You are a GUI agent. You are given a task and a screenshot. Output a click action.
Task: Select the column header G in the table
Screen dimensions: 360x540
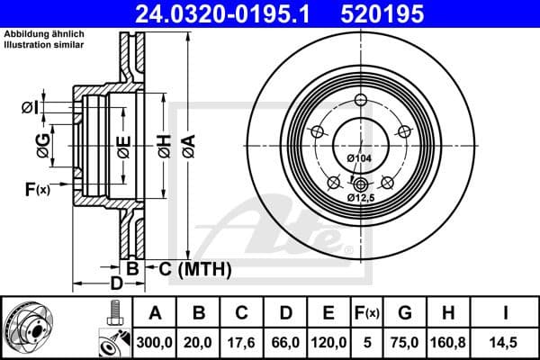(404, 313)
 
